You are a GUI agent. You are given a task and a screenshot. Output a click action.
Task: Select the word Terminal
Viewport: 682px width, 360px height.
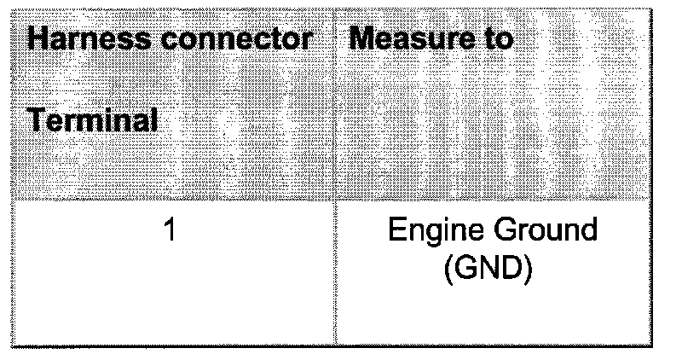point(93,120)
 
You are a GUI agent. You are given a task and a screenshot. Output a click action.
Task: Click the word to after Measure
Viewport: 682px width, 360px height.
point(495,38)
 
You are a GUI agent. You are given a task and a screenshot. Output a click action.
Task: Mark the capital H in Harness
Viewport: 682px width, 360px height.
point(37,38)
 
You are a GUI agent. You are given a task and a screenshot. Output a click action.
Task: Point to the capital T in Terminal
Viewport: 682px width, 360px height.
point(37,120)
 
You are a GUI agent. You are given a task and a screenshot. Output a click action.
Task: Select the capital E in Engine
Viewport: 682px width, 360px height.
point(396,232)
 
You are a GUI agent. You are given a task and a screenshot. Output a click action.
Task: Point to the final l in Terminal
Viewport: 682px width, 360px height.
point(153,120)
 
